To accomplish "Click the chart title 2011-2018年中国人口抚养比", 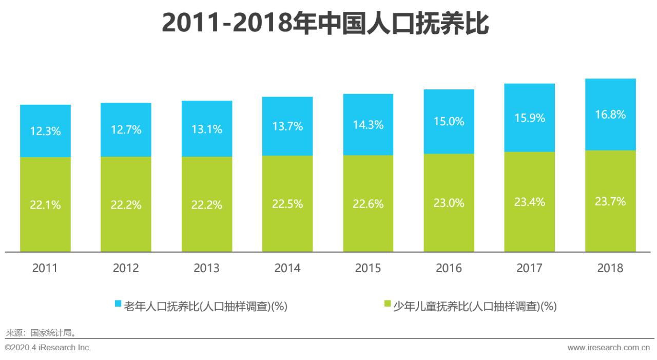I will tap(325, 23).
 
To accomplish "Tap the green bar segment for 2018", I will tap(610, 226).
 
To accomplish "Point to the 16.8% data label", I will tap(610, 115).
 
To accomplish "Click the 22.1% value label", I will tap(45, 205).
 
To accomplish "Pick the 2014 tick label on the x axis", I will tap(287, 268).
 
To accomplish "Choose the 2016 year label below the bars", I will tap(449, 268).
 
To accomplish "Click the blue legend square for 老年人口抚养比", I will tap(118, 304).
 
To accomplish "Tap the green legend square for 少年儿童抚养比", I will tap(388, 304).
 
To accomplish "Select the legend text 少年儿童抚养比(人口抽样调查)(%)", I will tap(475, 307).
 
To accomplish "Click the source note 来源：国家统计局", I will tap(41, 332).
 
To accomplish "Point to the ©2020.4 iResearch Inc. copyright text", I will tap(48, 348).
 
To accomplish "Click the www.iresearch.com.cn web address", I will tap(609, 348).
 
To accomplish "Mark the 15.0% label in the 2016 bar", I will tap(449, 122).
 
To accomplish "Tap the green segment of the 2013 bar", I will tap(207, 226).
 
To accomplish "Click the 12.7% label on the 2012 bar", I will tap(126, 129).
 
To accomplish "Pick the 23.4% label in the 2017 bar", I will tap(530, 202).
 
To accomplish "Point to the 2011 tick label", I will tap(45, 268).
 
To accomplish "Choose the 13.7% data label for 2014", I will tap(287, 126).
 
